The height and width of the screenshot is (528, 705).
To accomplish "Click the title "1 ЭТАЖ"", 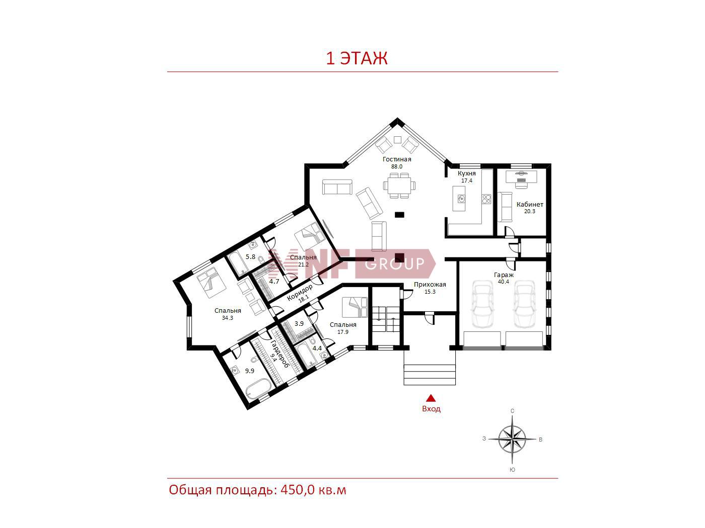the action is coord(357,58).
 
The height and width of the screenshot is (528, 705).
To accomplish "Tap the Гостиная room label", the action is coord(397,159).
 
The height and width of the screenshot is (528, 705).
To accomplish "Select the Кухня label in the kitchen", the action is coord(467,173).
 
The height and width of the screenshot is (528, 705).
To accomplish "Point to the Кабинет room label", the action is coord(530,205).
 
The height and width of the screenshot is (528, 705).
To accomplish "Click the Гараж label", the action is coord(504,275).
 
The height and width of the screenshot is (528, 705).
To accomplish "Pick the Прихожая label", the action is coord(430,284).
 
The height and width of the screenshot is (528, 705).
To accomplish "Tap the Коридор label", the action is coord(299,293).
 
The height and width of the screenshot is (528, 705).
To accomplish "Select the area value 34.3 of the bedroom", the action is coord(228,318).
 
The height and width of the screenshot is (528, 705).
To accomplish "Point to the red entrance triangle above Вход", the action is coord(431,398).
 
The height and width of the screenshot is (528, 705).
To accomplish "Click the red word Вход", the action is coord(431,409).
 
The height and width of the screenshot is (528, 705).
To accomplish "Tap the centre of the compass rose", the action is coord(512,439).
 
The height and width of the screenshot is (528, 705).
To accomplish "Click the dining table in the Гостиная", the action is coord(399,186).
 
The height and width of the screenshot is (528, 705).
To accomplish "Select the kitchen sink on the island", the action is coord(461,199).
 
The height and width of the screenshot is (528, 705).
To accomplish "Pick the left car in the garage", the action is coord(482,304).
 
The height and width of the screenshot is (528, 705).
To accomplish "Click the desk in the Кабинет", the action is coord(521,177).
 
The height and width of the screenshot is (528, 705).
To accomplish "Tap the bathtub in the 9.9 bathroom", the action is coord(258,389).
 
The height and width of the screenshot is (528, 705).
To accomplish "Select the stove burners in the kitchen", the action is coord(486,199).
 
